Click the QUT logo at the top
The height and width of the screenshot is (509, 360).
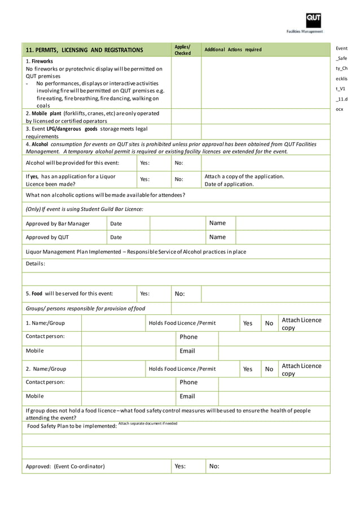point(314,20)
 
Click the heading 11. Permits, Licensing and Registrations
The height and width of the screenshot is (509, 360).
point(84,50)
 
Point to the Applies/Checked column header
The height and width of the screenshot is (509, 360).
point(182,50)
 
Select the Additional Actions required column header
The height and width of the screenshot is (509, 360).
point(233,50)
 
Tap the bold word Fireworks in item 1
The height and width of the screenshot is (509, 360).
point(42,61)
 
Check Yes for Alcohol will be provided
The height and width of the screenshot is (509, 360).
point(144,163)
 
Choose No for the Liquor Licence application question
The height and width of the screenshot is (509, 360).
point(179,179)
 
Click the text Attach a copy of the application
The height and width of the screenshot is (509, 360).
point(244,176)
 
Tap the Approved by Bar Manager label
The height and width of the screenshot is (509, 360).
point(58,223)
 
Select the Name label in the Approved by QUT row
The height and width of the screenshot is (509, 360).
point(217,237)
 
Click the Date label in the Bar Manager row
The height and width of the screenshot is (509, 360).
point(116,223)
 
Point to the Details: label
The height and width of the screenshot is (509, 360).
point(36,264)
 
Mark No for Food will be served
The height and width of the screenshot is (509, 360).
point(180,293)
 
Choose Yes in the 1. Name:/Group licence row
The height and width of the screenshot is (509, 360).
point(248,323)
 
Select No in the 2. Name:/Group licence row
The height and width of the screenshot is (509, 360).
point(269,369)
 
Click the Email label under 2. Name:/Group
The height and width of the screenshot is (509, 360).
point(187,397)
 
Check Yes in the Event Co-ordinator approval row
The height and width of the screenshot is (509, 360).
point(180,466)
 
